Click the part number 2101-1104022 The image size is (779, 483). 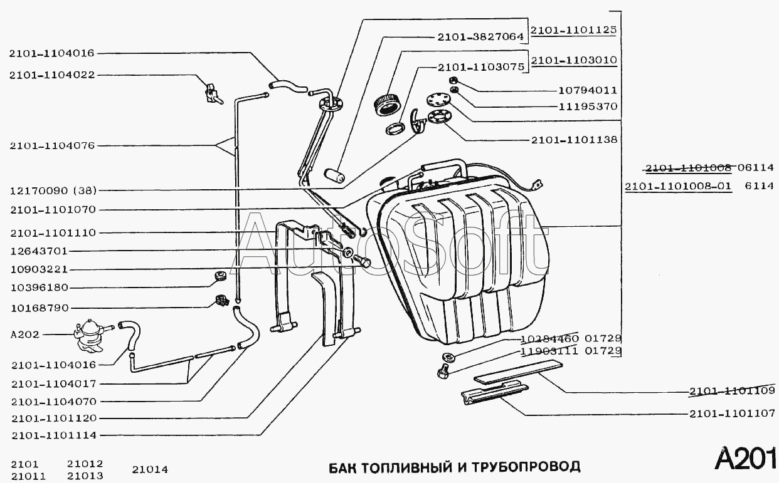click(x=52, y=75)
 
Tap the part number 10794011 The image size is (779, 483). click(x=587, y=90)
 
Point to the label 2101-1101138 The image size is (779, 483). click(x=574, y=140)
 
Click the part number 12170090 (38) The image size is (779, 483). click(x=57, y=190)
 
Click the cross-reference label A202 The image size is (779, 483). click(x=25, y=335)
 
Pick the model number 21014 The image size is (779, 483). click(x=150, y=469)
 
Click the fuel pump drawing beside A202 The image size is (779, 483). click(x=90, y=333)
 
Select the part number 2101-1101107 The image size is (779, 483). click(x=732, y=414)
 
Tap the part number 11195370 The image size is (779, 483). click(x=587, y=107)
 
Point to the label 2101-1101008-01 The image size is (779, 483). click(x=678, y=186)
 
